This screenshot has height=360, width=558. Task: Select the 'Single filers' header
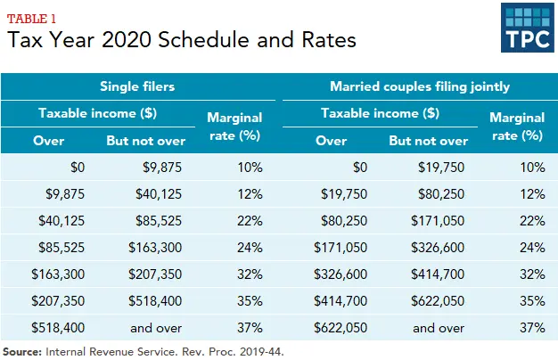pos(135,87)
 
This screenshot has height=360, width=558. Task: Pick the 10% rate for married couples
pos(531,167)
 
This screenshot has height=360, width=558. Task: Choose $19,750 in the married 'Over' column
pos(337,193)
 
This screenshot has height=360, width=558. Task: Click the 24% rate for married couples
pos(531,247)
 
